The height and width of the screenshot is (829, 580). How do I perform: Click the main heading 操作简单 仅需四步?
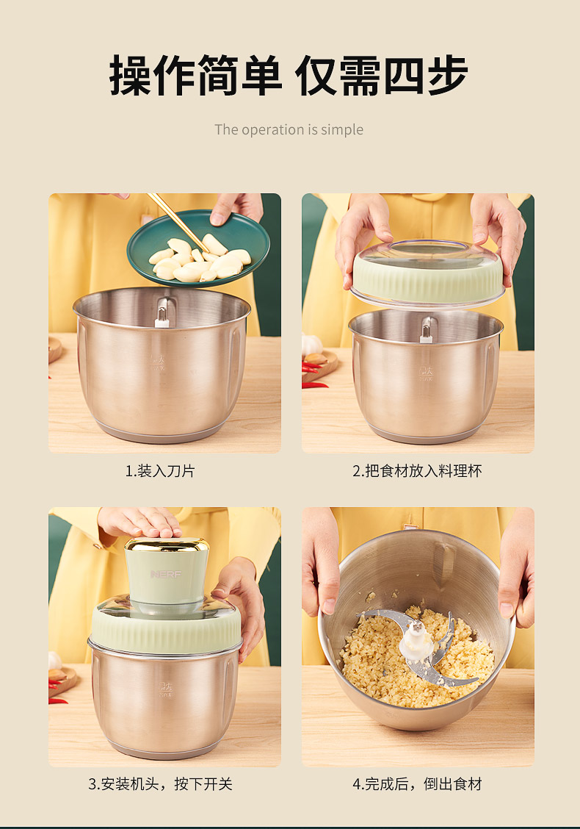pyautogui.click(x=289, y=76)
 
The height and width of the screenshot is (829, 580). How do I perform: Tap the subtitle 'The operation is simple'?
pyautogui.click(x=289, y=129)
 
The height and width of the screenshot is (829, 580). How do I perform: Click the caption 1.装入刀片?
pyautogui.click(x=160, y=470)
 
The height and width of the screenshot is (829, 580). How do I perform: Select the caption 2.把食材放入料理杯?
pyautogui.click(x=417, y=470)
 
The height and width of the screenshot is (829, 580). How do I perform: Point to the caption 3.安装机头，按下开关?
pyautogui.click(x=160, y=783)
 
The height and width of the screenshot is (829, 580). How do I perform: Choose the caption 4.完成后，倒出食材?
pyautogui.click(x=417, y=783)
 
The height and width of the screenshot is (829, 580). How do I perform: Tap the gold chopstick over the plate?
pyautogui.click(x=177, y=221)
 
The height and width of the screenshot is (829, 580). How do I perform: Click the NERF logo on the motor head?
pyautogui.click(x=166, y=574)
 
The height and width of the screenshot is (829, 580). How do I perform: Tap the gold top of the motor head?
pyautogui.click(x=167, y=545)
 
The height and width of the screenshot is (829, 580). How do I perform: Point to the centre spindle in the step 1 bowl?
pyautogui.click(x=162, y=313)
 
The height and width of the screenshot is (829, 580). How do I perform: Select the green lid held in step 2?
pyautogui.click(x=428, y=273)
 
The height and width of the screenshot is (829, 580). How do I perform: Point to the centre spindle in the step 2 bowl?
pyautogui.click(x=426, y=331)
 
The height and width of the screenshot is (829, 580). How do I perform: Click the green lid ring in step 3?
pyautogui.click(x=166, y=629)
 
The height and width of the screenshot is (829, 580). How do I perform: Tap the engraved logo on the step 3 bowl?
pyautogui.click(x=166, y=689)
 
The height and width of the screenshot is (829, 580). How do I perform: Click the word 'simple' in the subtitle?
pyautogui.click(x=342, y=130)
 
